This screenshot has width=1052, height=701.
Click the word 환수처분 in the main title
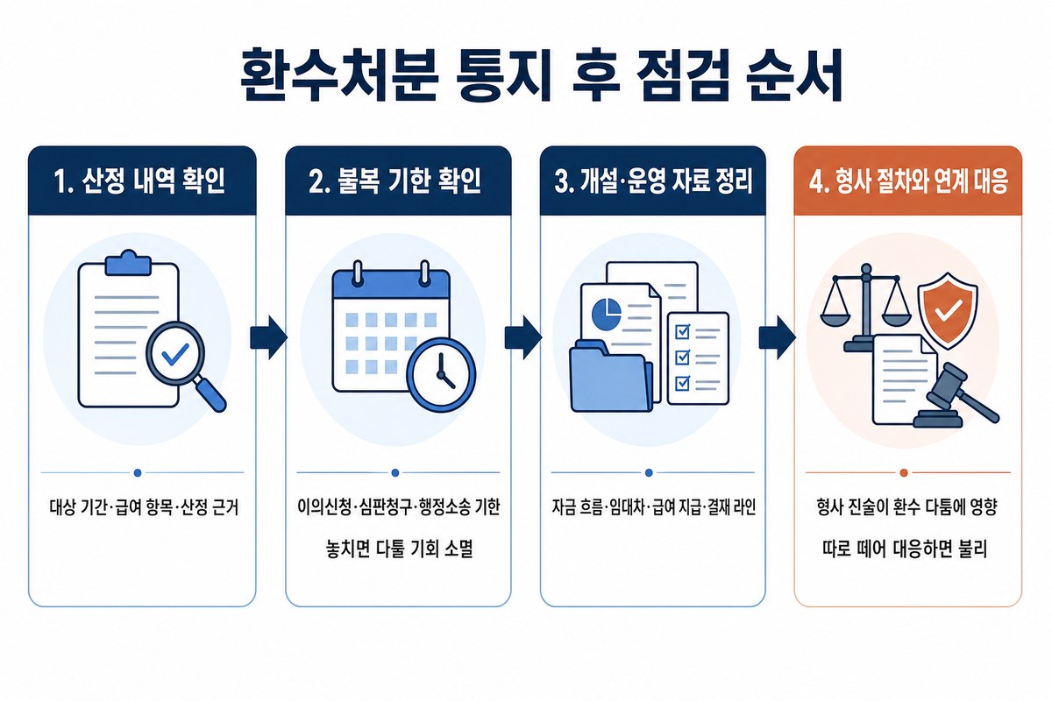click(x=338, y=74)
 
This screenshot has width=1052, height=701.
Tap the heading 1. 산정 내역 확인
click(x=139, y=181)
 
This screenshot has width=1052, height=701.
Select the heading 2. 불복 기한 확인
click(x=395, y=181)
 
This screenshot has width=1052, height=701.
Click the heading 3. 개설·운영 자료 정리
click(x=653, y=181)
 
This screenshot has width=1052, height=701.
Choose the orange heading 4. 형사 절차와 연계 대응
click(x=908, y=181)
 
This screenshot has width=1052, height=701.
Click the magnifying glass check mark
click(x=175, y=354)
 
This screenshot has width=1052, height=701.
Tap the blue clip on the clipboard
click(x=128, y=264)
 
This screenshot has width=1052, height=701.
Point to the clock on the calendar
click(x=441, y=375)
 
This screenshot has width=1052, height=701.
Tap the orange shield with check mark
click(x=948, y=311)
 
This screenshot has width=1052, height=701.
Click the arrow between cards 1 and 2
click(x=268, y=337)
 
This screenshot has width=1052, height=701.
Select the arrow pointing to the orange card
click(x=778, y=337)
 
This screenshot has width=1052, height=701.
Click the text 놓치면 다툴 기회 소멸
click(x=399, y=549)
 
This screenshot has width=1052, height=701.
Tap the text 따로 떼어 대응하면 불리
click(x=905, y=549)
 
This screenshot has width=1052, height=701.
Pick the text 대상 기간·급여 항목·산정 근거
click(x=144, y=507)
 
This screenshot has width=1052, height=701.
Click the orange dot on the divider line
click(x=904, y=473)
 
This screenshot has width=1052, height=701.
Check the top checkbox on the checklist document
click(x=682, y=331)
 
